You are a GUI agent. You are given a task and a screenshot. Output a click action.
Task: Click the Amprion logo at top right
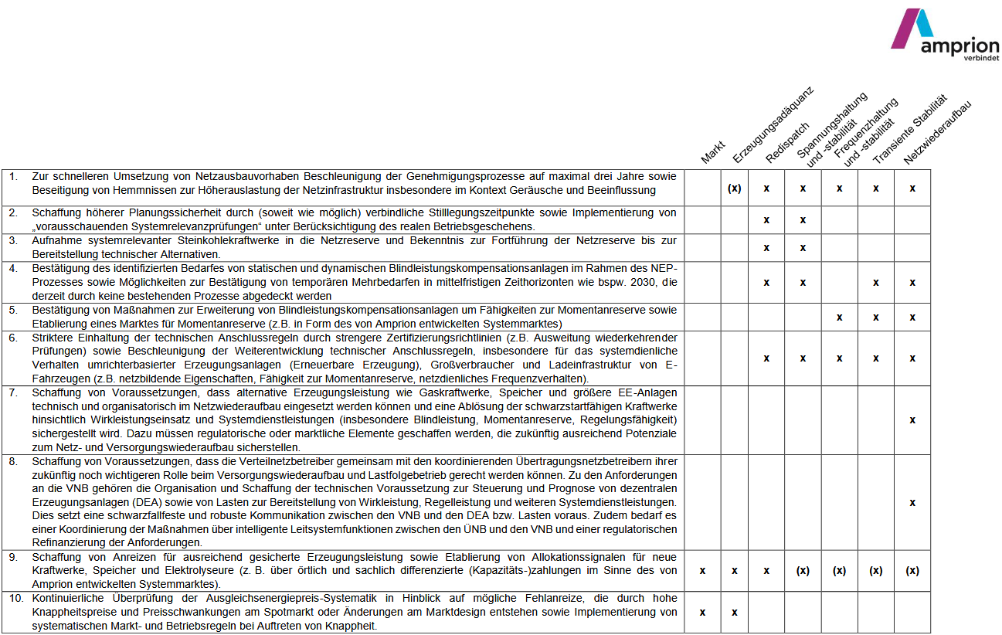point(943,36)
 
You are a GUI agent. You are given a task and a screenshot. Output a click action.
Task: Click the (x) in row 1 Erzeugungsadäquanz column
point(734,188)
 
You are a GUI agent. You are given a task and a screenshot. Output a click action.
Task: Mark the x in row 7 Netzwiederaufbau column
point(912,420)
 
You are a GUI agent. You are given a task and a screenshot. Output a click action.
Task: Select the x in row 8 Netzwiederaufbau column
point(912,503)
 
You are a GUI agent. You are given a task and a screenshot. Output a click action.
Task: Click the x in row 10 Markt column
point(702,613)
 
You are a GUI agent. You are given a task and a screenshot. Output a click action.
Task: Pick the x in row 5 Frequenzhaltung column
point(839,317)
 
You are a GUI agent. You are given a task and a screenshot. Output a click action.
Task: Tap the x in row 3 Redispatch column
point(766,248)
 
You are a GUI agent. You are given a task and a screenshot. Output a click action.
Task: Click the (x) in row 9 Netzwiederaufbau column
point(912,571)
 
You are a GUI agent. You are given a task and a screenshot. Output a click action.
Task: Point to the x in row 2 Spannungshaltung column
point(803,220)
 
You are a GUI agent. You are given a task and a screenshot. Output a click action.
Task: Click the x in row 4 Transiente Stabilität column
point(875,283)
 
